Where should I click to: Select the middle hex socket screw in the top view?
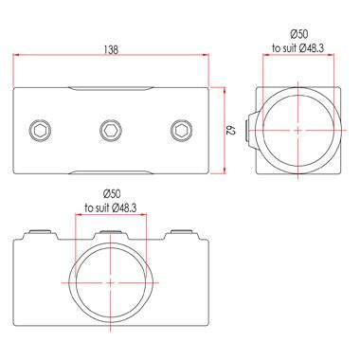pyautogui.click(x=111, y=129)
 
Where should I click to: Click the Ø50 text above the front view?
pyautogui.click(x=111, y=193)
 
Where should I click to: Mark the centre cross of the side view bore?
pyautogui.click(x=297, y=129)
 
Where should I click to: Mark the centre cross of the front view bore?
pyautogui.click(x=111, y=281)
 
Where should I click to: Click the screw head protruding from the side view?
pyautogui.click(x=252, y=129)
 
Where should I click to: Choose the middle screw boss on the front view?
pyautogui.click(x=111, y=232)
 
